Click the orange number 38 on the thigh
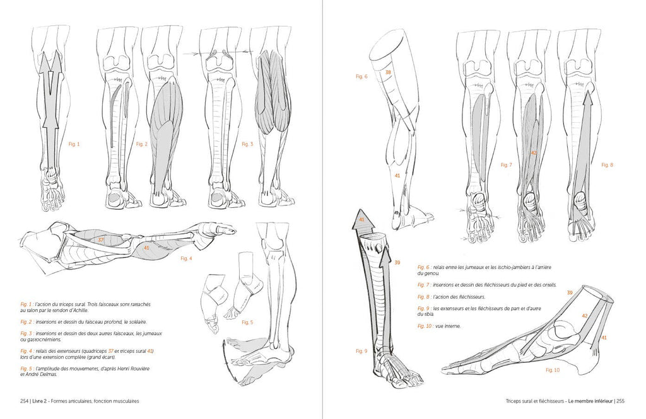tap(388, 72)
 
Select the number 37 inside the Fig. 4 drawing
tap(100, 239)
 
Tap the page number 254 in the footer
tap(24, 401)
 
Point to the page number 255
tap(621, 401)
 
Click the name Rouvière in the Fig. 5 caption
tap(138, 369)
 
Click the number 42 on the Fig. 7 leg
tap(534, 152)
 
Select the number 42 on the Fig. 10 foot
tap(584, 316)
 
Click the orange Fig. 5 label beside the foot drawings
tap(247, 322)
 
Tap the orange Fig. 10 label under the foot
tap(553, 370)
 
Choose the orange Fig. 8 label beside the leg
tap(608, 164)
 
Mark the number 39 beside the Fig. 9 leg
tap(397, 263)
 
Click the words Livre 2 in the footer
tap(41, 401)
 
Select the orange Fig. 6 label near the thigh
tap(361, 76)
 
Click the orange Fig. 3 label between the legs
tap(247, 144)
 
